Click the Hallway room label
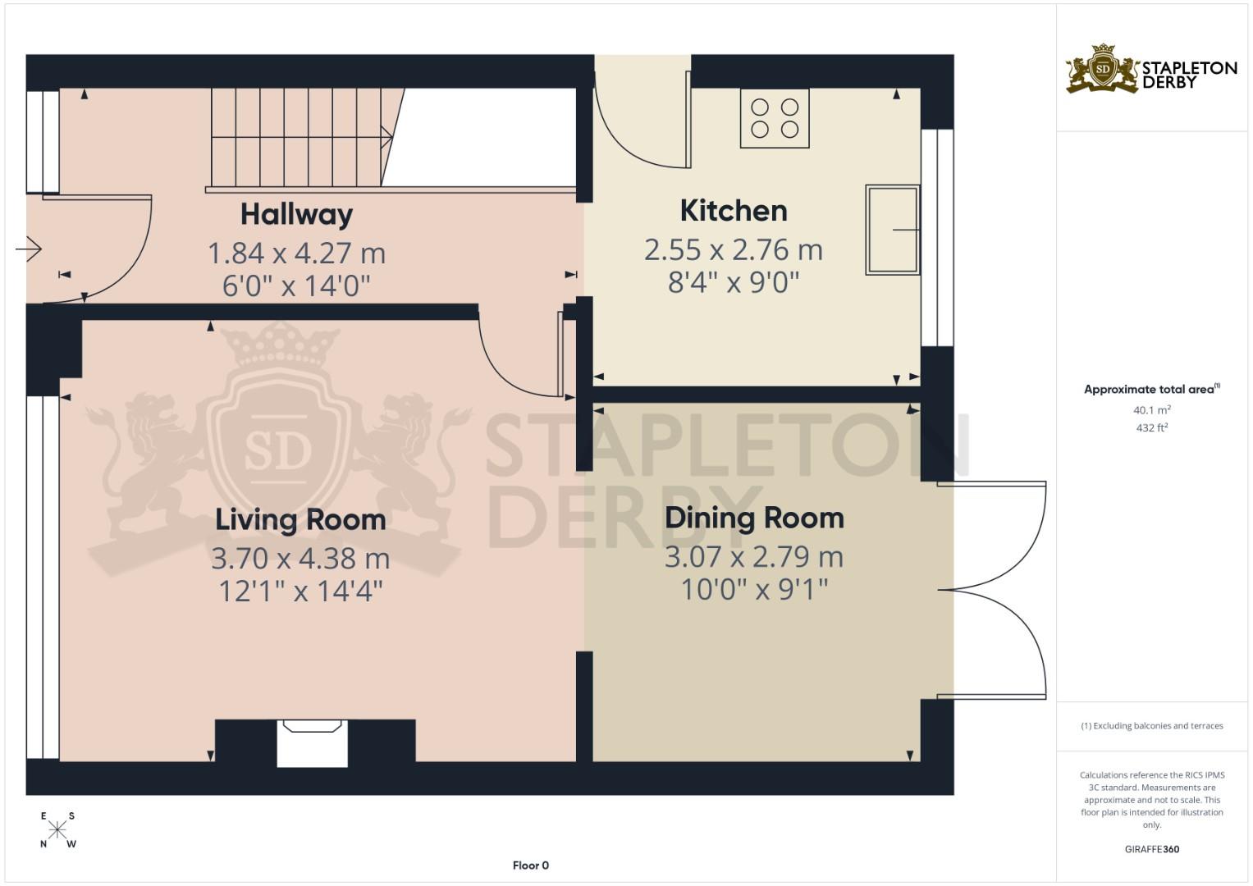pos(296,215)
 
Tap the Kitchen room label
pos(734,211)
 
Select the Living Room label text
pos(300,520)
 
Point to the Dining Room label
pos(754,518)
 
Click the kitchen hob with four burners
pos(775,118)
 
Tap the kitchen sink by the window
pos(893,230)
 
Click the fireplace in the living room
pos(313,742)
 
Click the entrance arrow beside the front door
pos(29,249)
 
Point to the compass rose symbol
pos(57,830)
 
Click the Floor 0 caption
pos(530,865)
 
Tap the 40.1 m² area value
pos(1152,410)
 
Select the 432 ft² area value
pos(1152,428)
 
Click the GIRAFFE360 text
pos(1152,849)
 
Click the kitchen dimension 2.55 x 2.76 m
pos(734,250)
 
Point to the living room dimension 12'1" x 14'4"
pos(300,591)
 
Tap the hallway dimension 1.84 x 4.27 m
pos(296,253)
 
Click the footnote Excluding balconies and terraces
pos(1152,726)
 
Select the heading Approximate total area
pos(1152,390)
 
